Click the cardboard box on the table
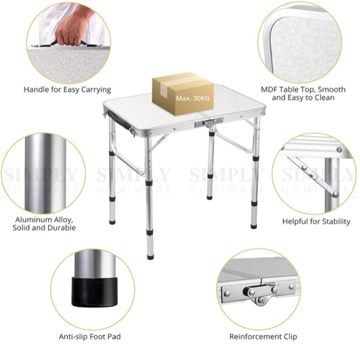coord(183,94)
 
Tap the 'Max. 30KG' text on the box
coord(193,98)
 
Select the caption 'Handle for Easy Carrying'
coord(67,89)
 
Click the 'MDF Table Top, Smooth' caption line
coord(303,89)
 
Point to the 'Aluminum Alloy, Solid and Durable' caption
coord(44,224)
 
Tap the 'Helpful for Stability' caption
coord(316,222)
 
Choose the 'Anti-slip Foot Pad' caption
coord(90,336)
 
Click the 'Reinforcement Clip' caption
coord(263,336)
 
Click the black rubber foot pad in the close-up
coord(95,292)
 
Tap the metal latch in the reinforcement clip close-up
coord(261,293)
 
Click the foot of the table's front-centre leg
coord(150,257)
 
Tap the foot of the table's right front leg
coord(254,226)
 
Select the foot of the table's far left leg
coord(112,222)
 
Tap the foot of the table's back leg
coord(209,197)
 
